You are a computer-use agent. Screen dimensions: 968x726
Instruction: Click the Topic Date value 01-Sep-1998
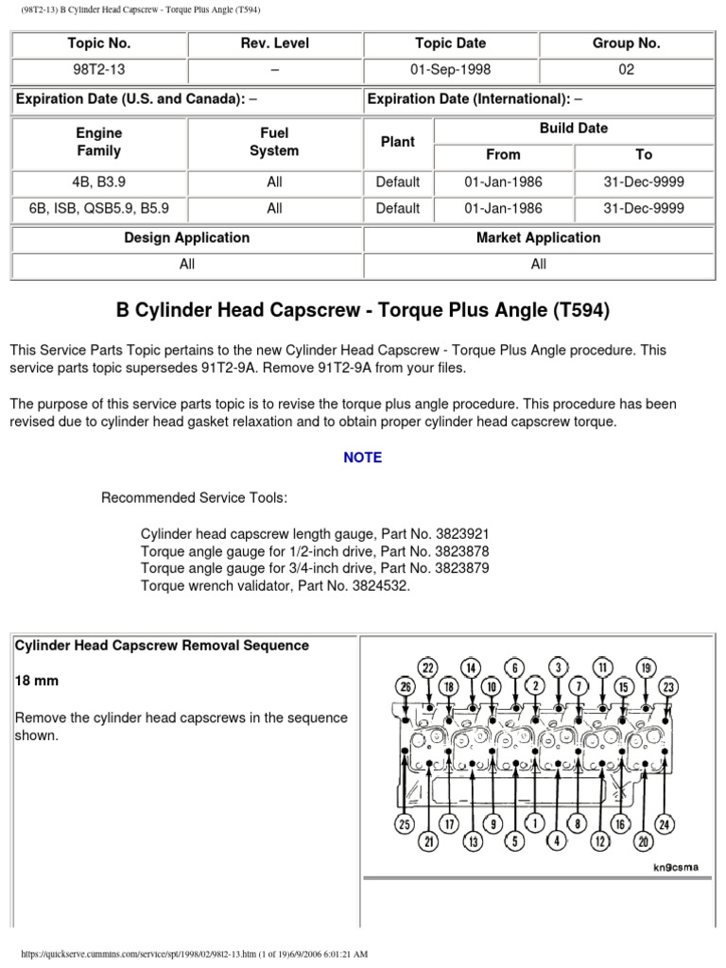click(450, 70)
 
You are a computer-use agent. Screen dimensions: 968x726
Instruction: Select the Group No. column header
click(626, 43)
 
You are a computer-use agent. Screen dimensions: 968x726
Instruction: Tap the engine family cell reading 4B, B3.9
click(99, 181)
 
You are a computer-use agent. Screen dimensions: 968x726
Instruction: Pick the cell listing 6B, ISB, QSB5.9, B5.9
click(99, 208)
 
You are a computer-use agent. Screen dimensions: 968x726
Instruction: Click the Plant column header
click(397, 142)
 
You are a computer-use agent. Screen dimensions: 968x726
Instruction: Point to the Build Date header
click(573, 129)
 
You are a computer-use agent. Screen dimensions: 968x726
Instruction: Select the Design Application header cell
click(187, 238)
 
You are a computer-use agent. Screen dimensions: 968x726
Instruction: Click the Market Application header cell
click(538, 238)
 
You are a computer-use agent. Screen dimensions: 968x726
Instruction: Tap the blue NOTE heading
click(363, 458)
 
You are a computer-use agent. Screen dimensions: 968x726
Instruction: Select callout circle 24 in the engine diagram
click(665, 824)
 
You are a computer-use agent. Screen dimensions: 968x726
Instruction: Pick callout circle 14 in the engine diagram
click(472, 667)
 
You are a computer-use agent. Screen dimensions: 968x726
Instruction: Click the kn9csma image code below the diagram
click(674, 867)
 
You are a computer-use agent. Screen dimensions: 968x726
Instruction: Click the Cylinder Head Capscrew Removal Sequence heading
click(162, 646)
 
